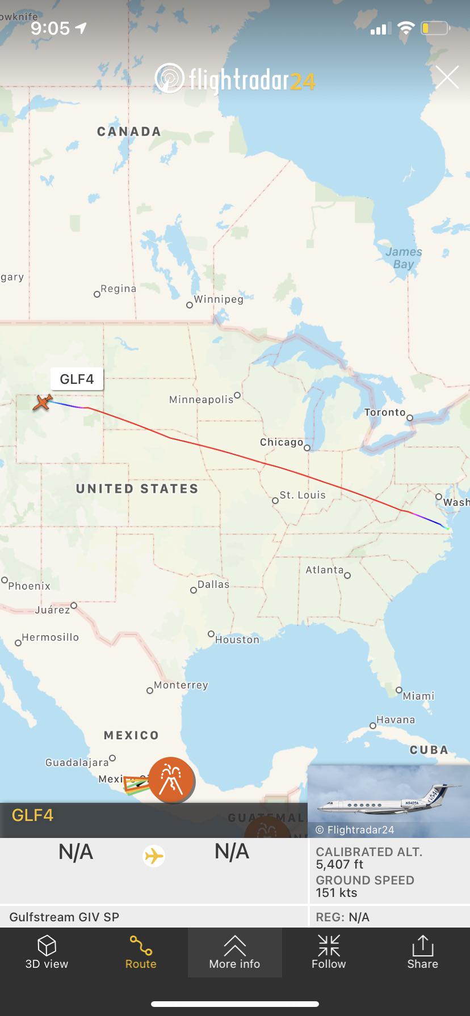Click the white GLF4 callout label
pos(77,379)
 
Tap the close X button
pos(447,77)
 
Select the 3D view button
pos(47,952)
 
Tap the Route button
pos(141,952)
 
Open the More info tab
pos(234,952)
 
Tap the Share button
pos(422,952)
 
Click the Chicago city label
pos(282,442)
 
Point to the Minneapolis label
pos(202,400)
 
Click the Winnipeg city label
pos(219,299)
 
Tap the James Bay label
pos(404,258)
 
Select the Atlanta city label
pos(325,570)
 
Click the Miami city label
pos(419,696)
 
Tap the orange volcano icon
pos(171,780)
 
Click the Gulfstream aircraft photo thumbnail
pos(389,799)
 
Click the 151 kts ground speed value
pos(337,892)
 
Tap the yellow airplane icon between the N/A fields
pos(154,855)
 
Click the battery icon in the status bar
pos(435,28)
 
